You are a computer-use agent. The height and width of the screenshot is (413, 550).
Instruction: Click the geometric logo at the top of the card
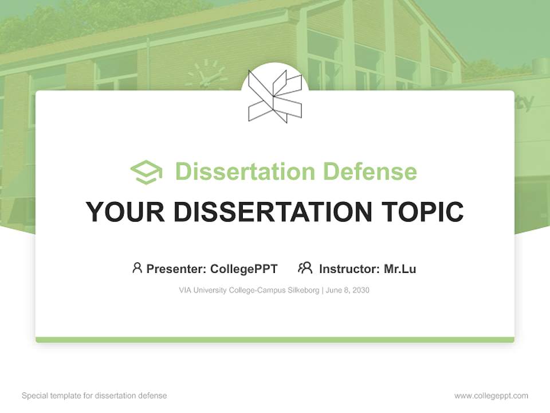[x=275, y=95]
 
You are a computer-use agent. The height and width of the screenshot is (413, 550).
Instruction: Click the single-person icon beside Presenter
[x=137, y=268]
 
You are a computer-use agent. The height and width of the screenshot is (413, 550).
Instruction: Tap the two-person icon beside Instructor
[x=305, y=268]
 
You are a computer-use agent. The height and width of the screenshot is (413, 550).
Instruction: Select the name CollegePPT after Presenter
[x=244, y=269]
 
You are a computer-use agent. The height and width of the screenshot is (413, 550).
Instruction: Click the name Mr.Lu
[x=400, y=269]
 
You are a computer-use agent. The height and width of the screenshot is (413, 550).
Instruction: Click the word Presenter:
[x=176, y=269]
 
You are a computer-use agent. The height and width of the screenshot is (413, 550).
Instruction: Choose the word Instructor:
[x=349, y=269]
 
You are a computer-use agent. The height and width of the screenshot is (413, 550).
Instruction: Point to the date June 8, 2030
[x=348, y=290]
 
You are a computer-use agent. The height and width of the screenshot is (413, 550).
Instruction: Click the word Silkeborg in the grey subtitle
[x=303, y=290]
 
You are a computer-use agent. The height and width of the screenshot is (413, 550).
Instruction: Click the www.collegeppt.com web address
[x=491, y=396]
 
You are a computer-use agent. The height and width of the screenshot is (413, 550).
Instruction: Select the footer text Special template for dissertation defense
[x=95, y=396]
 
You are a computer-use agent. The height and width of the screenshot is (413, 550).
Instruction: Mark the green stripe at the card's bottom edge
[x=275, y=340]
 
